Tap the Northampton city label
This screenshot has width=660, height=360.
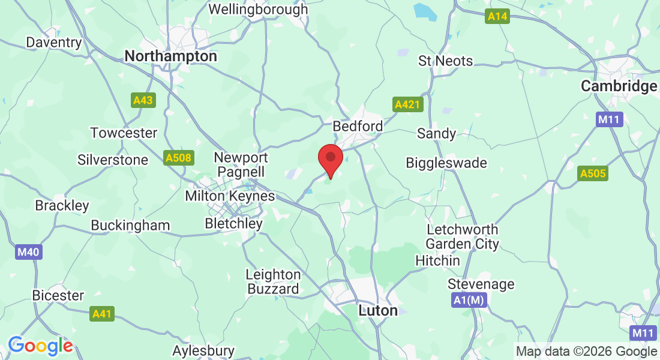[170, 56]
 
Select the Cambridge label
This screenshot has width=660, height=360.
[619, 86]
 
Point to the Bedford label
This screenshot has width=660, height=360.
[358, 127]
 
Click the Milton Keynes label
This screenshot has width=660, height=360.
[230, 196]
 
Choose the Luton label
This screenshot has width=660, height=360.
[378, 311]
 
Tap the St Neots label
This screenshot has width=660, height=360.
[446, 61]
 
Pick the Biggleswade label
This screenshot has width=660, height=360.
[446, 163]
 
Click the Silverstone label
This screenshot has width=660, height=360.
[113, 160]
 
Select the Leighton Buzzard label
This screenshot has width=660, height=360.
[273, 281]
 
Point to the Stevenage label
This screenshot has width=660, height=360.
[481, 284]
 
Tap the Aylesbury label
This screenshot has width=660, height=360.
[203, 350]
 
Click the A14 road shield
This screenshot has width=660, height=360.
[497, 17]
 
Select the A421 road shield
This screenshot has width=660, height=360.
[409, 105]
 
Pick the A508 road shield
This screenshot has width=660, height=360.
[178, 158]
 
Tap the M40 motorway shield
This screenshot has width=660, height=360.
[28, 252]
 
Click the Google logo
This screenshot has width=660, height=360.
[40, 346]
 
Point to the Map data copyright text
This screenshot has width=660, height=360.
[587, 352]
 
